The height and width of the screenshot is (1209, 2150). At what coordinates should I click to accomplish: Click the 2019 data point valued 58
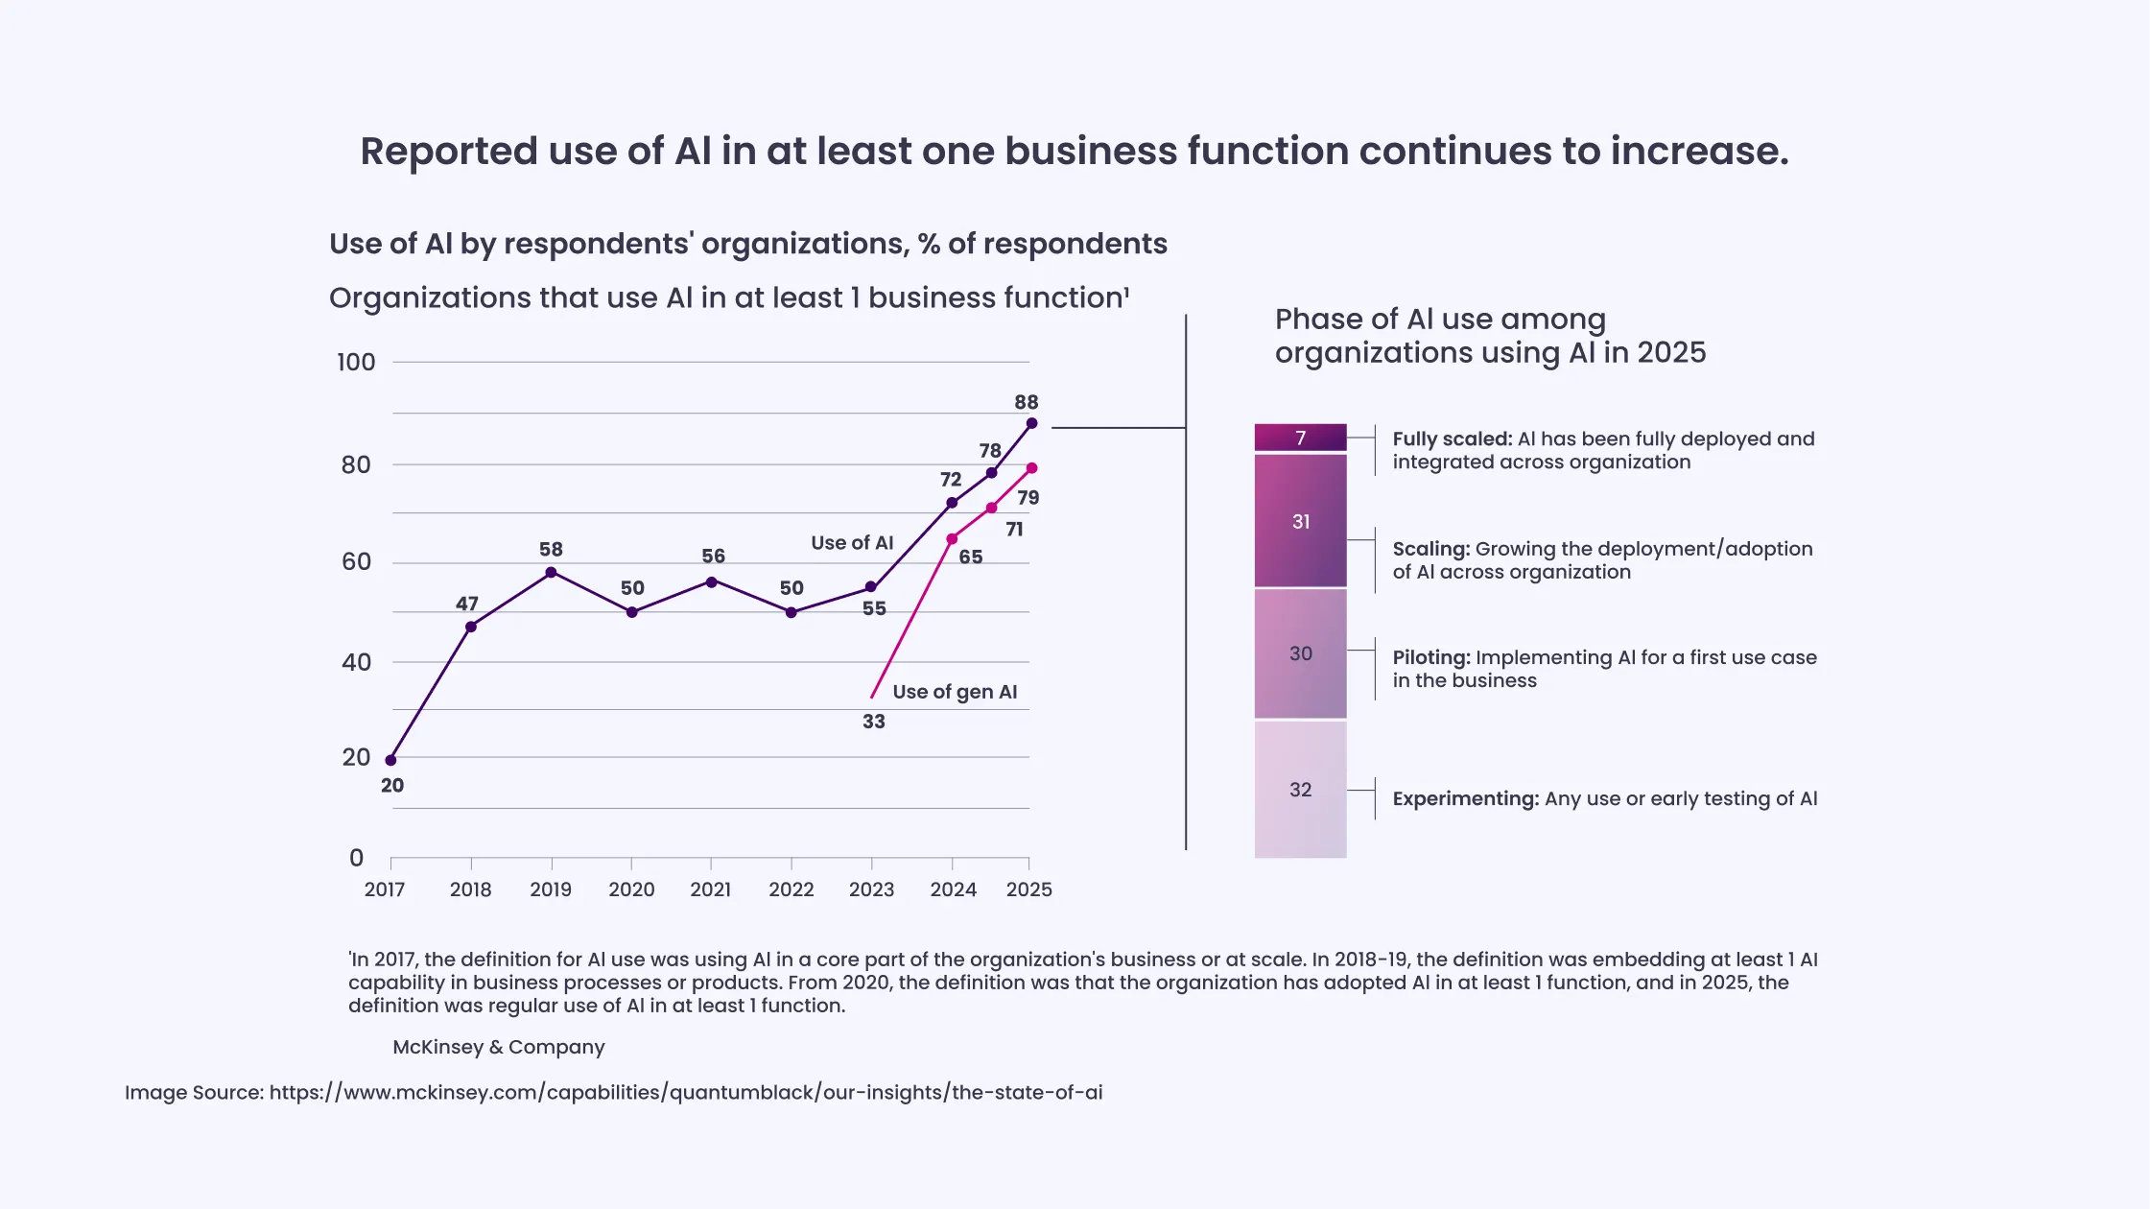[x=551, y=573]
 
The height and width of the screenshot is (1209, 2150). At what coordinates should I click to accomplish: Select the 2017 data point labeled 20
[x=390, y=760]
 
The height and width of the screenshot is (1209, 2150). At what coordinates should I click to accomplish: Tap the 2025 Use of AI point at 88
[x=1031, y=423]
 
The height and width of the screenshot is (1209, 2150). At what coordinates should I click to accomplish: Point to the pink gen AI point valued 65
[x=952, y=539]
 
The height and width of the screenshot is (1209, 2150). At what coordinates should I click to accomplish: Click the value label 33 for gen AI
[x=873, y=722]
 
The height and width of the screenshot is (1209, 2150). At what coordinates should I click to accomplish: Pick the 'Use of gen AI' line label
[x=955, y=692]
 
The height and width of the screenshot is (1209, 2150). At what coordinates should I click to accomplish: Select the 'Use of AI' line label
[x=852, y=543]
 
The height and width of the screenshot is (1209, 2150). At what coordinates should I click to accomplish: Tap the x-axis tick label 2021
[x=710, y=889]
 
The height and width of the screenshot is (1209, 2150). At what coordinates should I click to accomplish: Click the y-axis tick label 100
[x=356, y=363]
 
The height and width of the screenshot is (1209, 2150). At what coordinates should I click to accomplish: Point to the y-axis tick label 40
[x=356, y=662]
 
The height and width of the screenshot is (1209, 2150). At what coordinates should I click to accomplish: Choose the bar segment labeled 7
[x=1300, y=438]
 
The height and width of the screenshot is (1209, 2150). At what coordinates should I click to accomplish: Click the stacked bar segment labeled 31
[x=1300, y=521]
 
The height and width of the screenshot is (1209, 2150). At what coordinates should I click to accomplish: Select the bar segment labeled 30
[x=1300, y=653]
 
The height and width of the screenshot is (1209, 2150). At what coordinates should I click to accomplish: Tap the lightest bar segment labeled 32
[x=1300, y=789]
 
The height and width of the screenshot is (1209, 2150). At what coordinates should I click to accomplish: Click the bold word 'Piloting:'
[x=1430, y=658]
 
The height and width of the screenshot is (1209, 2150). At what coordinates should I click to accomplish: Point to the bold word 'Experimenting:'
[x=1465, y=799]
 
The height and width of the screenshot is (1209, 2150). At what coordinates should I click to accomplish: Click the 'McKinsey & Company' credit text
[x=498, y=1047]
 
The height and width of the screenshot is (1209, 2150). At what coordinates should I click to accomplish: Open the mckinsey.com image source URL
[x=685, y=1093]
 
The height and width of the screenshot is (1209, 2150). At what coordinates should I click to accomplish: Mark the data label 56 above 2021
[x=713, y=557]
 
